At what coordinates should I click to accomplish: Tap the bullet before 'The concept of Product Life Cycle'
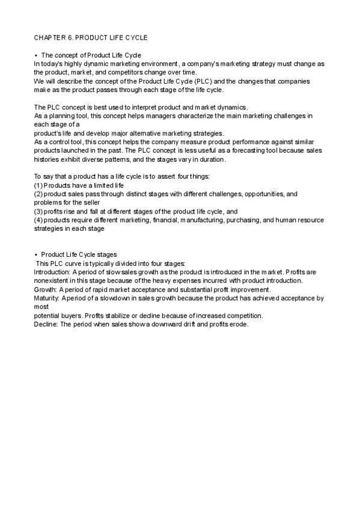[x=36, y=55]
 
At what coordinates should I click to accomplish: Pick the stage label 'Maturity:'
[x=46, y=298]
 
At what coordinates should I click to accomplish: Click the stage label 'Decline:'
[x=46, y=324]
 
